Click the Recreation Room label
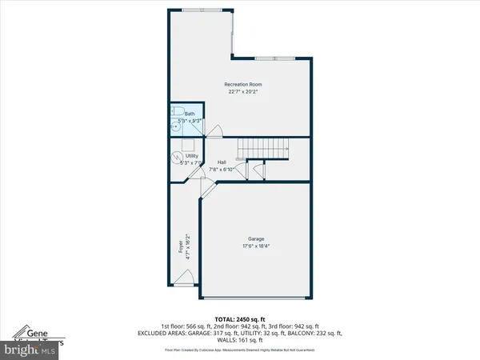(242, 84)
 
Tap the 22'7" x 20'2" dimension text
(242, 92)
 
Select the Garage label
(255, 238)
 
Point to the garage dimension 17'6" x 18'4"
(255, 246)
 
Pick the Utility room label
(190, 156)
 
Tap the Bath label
(190, 114)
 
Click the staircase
(262, 148)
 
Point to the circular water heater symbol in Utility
(177, 157)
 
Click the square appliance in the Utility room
(190, 144)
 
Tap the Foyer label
(181, 248)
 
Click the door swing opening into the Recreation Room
(214, 130)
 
